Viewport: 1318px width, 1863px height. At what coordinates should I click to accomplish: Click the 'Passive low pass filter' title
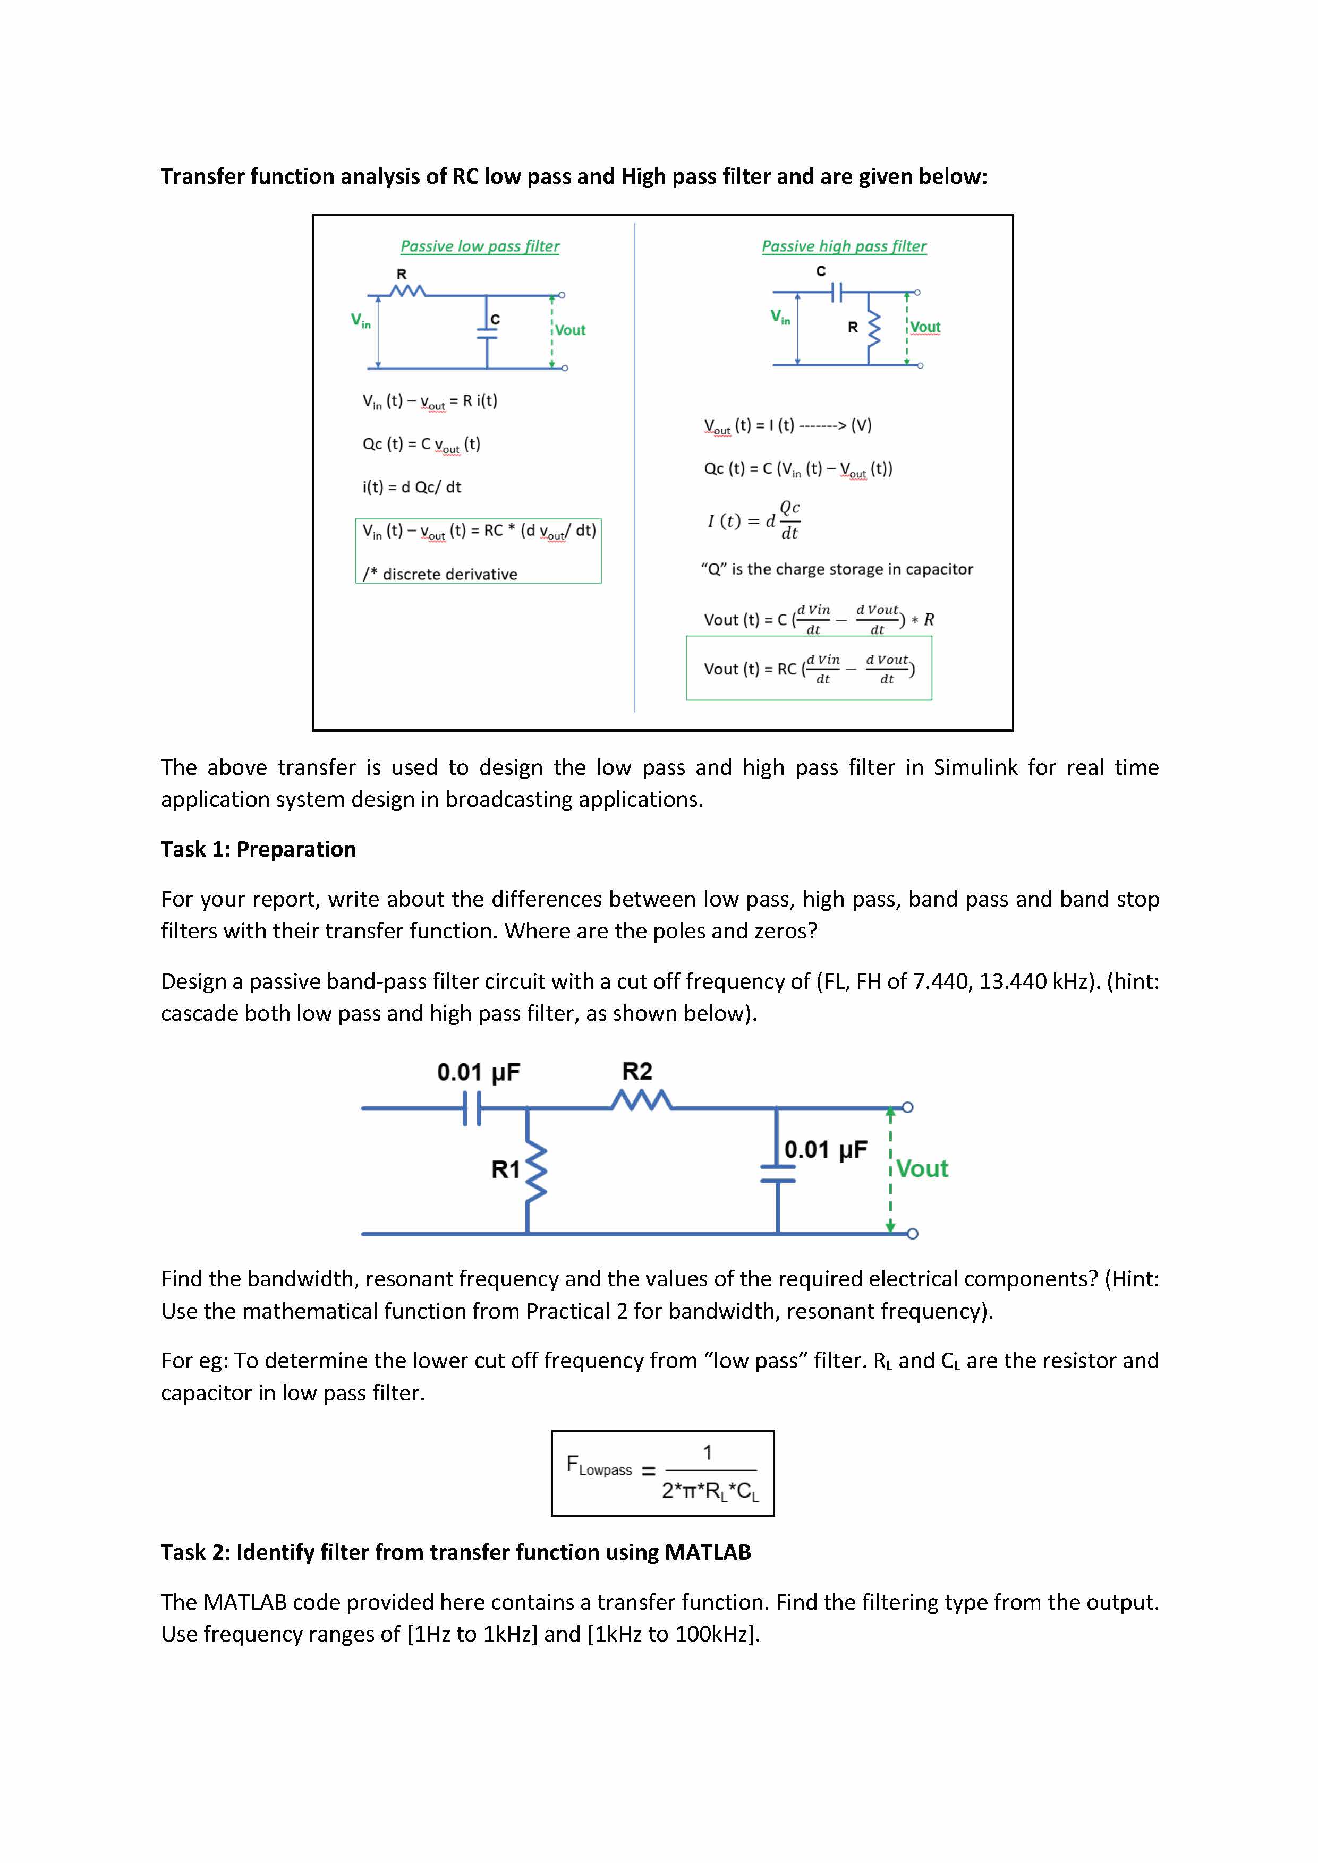(480, 246)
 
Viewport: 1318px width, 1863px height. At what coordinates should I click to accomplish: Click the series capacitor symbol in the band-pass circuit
(472, 1108)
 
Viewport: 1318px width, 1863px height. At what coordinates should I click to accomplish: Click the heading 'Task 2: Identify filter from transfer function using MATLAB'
(455, 1552)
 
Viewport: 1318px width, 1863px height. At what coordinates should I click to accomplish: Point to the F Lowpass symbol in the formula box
(598, 1466)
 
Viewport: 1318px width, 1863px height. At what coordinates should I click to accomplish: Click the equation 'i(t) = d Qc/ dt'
(412, 487)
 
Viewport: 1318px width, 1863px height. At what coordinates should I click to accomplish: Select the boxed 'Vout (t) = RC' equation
(809, 669)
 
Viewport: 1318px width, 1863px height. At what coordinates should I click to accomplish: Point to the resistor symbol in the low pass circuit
(407, 290)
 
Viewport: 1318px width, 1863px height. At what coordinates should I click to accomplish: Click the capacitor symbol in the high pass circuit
(838, 292)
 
